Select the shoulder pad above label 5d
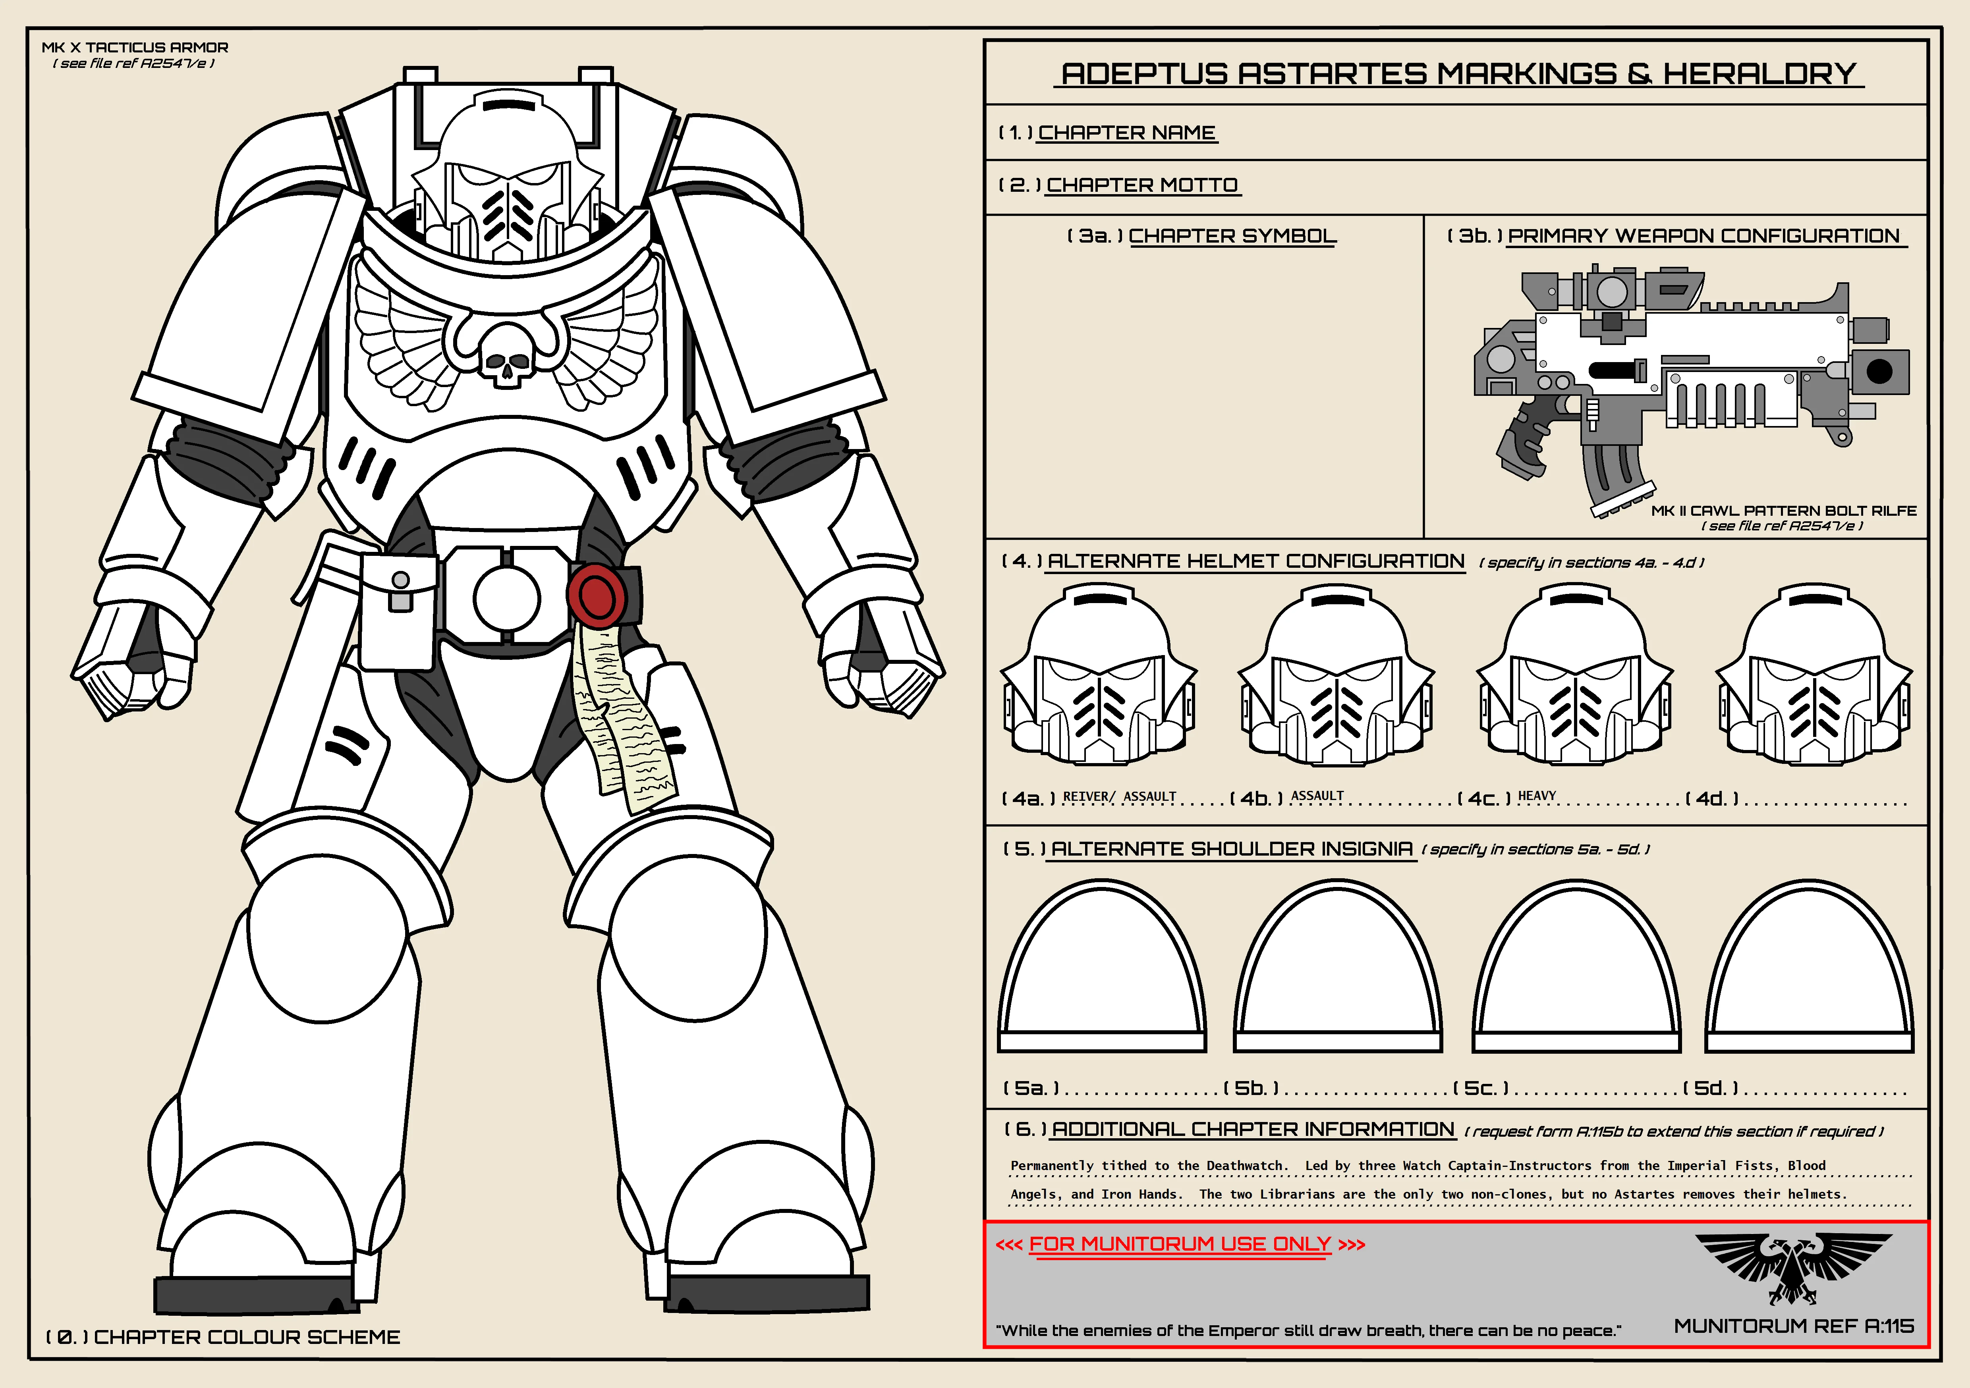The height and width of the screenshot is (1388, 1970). (x=1810, y=967)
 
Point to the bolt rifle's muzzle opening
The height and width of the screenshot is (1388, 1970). (x=1879, y=372)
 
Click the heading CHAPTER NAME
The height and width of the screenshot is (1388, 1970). (x=1126, y=133)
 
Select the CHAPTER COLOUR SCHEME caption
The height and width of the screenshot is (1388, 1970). (x=247, y=1338)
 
